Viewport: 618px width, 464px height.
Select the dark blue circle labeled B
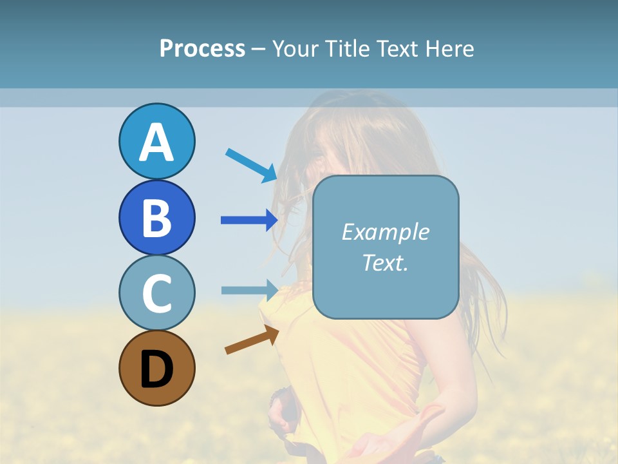pyautogui.click(x=156, y=217)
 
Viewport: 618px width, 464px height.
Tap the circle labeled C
pyautogui.click(x=156, y=293)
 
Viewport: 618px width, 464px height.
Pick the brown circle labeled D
pyautogui.click(x=156, y=368)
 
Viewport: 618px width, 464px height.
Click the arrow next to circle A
pyautogui.click(x=251, y=165)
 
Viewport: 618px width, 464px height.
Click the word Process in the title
pyautogui.click(x=202, y=49)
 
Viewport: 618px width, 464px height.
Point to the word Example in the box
pyautogui.click(x=385, y=232)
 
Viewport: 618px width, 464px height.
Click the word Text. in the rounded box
pyautogui.click(x=385, y=263)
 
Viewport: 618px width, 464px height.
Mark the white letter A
pyautogui.click(x=156, y=142)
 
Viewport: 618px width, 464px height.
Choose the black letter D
pyautogui.click(x=156, y=369)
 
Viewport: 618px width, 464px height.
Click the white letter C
pyautogui.click(x=156, y=293)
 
